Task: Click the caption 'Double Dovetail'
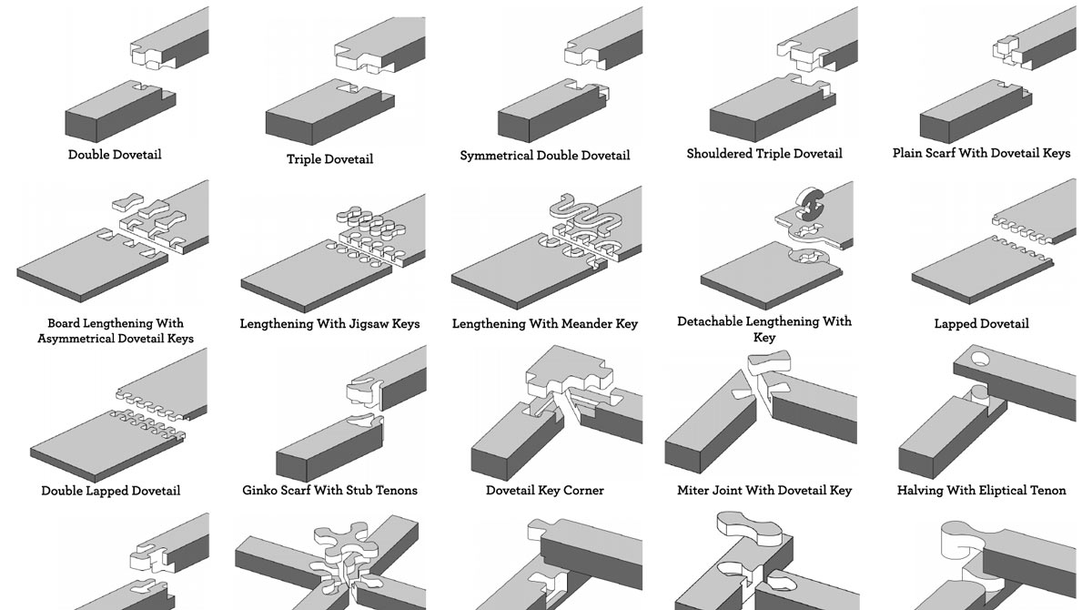click(x=115, y=155)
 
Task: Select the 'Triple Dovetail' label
click(x=329, y=159)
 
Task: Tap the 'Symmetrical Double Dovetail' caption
click(x=544, y=156)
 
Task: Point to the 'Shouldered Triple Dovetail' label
click(x=764, y=154)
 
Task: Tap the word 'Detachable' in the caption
click(x=710, y=321)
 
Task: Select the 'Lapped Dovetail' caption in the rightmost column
click(x=981, y=324)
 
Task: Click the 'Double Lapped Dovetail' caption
click(x=111, y=491)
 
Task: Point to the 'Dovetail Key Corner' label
click(x=545, y=491)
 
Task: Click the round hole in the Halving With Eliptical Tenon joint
click(x=979, y=359)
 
